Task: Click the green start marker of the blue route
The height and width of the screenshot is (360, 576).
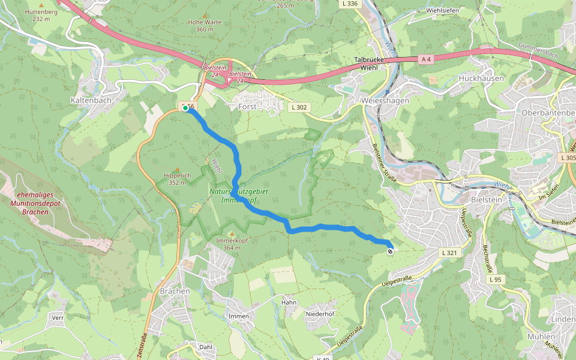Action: pyautogui.click(x=186, y=109)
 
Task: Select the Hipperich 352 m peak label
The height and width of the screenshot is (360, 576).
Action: pyautogui.click(x=177, y=179)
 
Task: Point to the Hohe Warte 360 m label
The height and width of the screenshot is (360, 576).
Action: pyautogui.click(x=200, y=25)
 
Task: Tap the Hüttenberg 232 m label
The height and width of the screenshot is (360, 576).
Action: pyautogui.click(x=41, y=15)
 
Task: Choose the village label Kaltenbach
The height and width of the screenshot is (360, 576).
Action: pyautogui.click(x=91, y=100)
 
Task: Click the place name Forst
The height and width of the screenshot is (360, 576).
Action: pyautogui.click(x=248, y=107)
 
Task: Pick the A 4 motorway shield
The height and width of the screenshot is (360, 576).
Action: pyautogui.click(x=426, y=59)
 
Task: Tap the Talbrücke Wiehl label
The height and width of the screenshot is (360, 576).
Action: pyautogui.click(x=373, y=64)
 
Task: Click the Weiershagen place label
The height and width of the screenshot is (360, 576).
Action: pyautogui.click(x=385, y=101)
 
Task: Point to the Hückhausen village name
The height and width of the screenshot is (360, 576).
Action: pyautogui.click(x=481, y=79)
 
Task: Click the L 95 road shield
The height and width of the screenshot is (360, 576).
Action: pyautogui.click(x=494, y=280)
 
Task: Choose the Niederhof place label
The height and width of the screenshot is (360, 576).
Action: pyautogui.click(x=320, y=313)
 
